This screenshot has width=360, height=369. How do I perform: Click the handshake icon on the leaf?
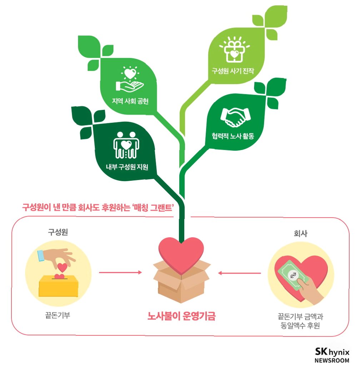coord(235,116)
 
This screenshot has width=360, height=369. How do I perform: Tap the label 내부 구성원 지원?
coord(127,166)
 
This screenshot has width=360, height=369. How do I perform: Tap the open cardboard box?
coord(181,281)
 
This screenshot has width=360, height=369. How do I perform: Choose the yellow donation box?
coord(59,284)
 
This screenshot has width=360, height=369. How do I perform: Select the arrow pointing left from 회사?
coord(239,273)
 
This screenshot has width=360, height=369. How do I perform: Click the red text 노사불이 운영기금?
coord(182,316)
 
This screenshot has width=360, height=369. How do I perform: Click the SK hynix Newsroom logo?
coord(332,355)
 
